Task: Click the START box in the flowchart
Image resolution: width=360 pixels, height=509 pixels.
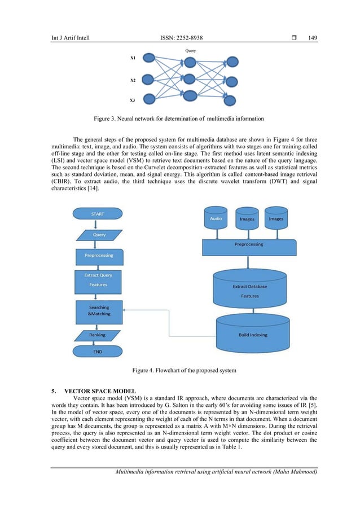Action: click(x=97, y=214)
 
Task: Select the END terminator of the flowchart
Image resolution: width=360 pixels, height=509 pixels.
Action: click(x=97, y=351)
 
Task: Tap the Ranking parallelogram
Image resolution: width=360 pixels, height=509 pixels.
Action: click(x=97, y=335)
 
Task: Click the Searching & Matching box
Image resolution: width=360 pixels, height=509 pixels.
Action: click(x=99, y=310)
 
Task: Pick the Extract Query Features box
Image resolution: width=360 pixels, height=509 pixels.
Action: click(x=98, y=280)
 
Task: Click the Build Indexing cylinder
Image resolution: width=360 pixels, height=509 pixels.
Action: click(x=253, y=332)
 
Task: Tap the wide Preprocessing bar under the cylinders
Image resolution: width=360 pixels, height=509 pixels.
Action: click(x=249, y=246)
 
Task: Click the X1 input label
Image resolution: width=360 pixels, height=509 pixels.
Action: click(x=133, y=58)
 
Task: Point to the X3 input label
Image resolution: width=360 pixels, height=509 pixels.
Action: click(x=133, y=100)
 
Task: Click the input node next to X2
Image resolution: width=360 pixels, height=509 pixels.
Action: click(x=148, y=79)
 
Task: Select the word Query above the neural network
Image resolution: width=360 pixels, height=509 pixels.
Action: click(x=190, y=50)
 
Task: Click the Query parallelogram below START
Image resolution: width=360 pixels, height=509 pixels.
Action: click(x=99, y=235)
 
